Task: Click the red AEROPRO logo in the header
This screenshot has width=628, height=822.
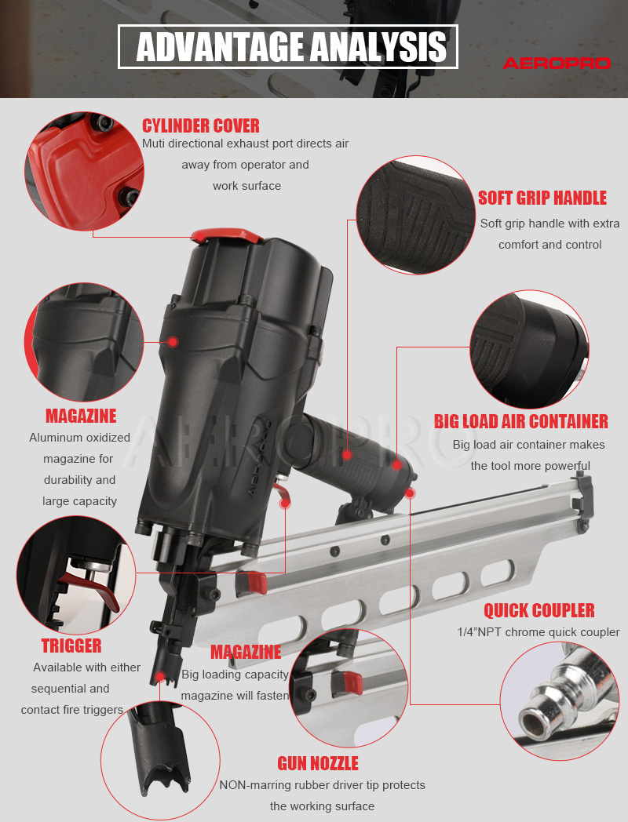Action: [557, 63]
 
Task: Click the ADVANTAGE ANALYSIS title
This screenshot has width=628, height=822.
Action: [291, 47]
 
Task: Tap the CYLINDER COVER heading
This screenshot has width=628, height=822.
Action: [201, 125]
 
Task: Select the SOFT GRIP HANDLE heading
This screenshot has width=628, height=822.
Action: [542, 198]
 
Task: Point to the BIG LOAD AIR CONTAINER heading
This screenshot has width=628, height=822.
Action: [521, 421]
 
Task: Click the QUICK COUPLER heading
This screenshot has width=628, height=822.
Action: [539, 611]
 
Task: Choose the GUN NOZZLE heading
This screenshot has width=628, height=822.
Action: [318, 763]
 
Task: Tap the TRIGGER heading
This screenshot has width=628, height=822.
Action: [71, 646]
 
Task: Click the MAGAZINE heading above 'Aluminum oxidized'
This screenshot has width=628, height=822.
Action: [81, 416]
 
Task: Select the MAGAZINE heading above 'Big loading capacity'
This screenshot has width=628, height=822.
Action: [246, 652]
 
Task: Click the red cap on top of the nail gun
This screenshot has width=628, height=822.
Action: [227, 235]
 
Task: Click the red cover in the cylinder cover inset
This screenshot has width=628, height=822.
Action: [84, 173]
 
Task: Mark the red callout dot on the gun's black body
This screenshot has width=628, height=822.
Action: [173, 342]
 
